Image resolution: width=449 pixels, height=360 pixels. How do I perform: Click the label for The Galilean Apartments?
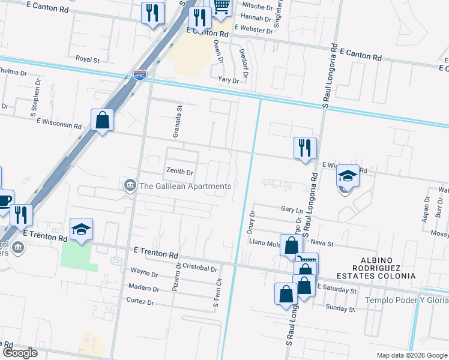185,186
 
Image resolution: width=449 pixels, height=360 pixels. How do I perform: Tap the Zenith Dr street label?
180,172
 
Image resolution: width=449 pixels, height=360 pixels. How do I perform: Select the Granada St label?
177,122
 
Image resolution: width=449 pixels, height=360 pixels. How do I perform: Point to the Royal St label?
87,59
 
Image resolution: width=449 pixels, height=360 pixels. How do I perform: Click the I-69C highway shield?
139,76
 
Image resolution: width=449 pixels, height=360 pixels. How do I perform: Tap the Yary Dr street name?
229,79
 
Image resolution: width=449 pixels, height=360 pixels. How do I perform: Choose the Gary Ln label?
291,210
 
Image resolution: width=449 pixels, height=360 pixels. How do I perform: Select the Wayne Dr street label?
144,274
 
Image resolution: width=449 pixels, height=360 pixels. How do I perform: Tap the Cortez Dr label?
140,301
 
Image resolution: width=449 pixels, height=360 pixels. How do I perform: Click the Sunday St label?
340,308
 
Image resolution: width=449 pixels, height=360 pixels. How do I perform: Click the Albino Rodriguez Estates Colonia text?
383,271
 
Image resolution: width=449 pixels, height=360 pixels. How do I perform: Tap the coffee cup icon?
4,200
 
